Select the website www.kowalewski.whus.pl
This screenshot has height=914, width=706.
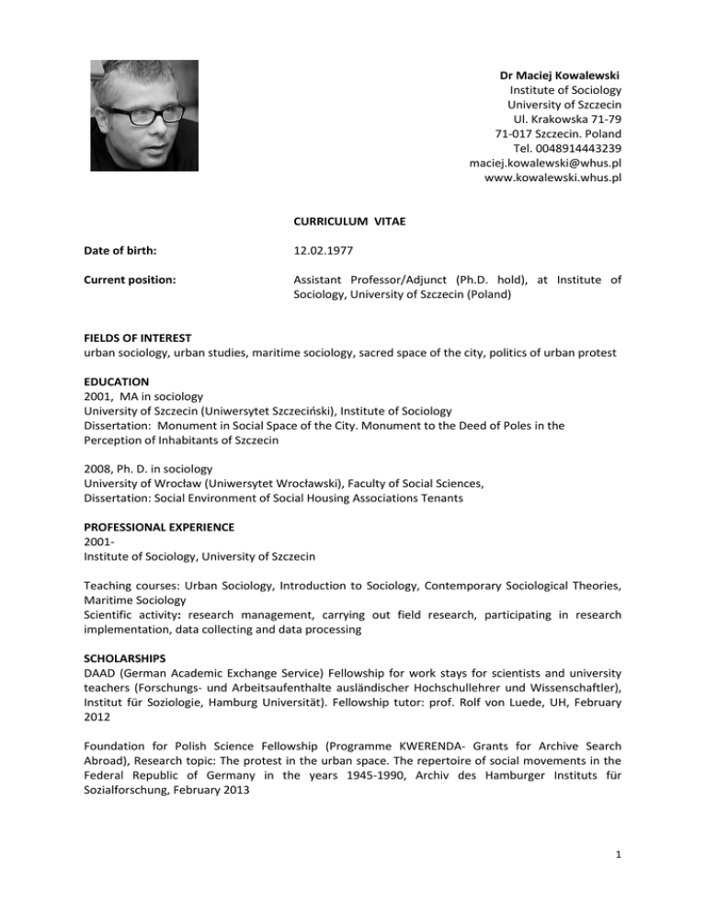click(x=552, y=178)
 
